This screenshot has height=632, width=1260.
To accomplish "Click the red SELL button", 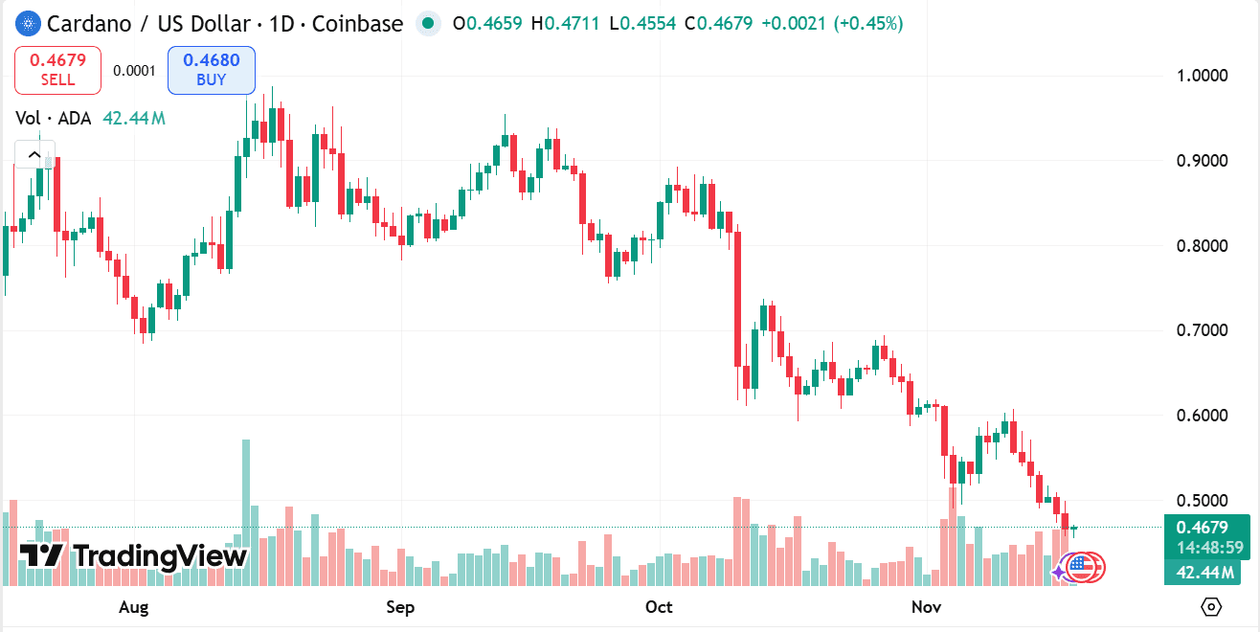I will [57, 71].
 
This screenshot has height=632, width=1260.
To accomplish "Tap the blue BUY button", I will [211, 71].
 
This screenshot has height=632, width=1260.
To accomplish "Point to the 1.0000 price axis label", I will [1202, 76].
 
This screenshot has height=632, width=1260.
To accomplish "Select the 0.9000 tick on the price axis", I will [1202, 161].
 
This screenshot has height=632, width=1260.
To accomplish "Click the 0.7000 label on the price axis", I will [1202, 331].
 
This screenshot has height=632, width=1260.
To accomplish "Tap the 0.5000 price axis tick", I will [1202, 501].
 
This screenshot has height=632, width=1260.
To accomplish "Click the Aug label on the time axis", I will [135, 607].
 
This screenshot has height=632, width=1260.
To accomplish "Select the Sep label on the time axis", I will [400, 607].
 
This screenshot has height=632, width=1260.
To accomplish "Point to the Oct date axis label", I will [659, 607].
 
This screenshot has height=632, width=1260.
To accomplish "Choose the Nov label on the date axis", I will [926, 607].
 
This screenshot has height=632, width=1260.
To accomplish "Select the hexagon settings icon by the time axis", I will [1211, 607].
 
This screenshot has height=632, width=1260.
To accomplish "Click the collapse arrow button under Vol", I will [34, 154].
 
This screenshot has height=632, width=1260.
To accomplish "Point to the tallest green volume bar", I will [246, 512].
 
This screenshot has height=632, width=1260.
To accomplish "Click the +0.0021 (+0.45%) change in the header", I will [831, 24].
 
